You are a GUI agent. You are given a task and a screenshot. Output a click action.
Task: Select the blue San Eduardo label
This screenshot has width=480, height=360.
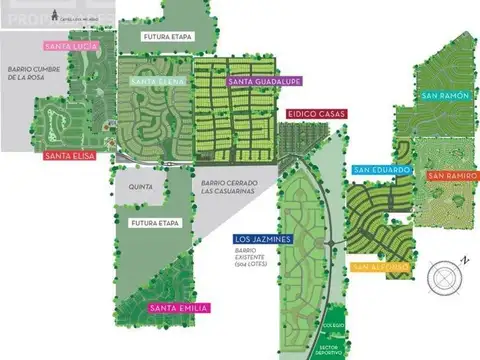[381, 170]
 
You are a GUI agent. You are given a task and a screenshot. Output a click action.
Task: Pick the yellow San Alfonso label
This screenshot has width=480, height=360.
[380, 266]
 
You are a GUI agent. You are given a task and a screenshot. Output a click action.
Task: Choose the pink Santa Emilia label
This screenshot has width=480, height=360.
[178, 307]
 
